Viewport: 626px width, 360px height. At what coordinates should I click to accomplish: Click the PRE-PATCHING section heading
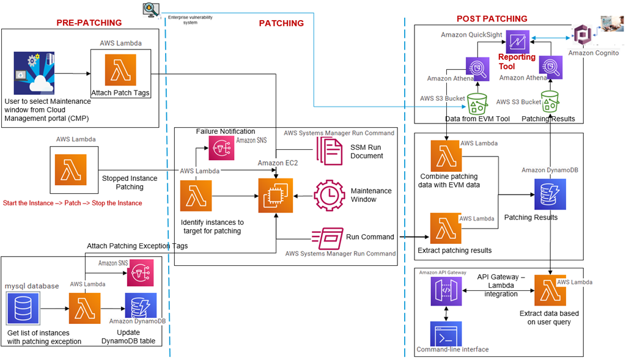coord(89,23)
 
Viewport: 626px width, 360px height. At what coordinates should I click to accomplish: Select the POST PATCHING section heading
coord(492,19)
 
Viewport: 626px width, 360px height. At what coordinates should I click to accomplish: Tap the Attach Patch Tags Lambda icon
coord(120,70)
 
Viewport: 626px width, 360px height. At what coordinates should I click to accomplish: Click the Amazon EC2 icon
coord(276,196)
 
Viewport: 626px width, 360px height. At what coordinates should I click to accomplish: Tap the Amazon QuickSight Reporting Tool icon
coord(518,40)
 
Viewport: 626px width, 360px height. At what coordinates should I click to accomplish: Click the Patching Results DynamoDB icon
coord(549,195)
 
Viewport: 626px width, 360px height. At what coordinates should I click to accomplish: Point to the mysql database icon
coord(24,309)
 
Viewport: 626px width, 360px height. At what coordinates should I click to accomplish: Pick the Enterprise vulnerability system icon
coord(149,9)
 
